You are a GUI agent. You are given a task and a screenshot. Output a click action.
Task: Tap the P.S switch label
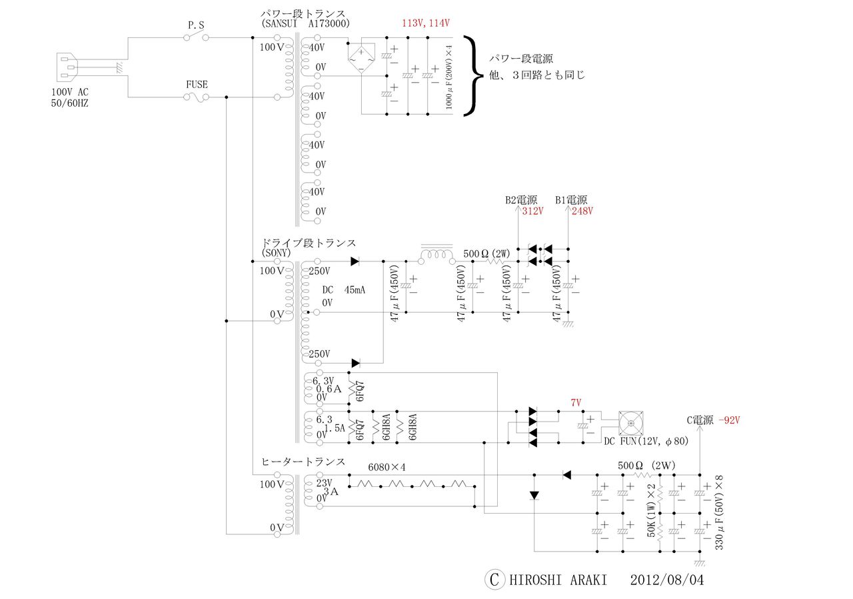point(196,25)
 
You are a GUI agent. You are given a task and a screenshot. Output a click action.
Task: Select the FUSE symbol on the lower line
point(196,97)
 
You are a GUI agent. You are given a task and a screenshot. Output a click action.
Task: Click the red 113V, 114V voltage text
point(426,23)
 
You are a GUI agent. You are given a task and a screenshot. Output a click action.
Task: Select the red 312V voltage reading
point(532,211)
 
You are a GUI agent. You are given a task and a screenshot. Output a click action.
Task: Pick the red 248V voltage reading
point(581,211)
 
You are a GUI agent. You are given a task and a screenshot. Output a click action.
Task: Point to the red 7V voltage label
point(576,404)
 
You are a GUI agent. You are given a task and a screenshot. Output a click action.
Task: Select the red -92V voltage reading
point(729,420)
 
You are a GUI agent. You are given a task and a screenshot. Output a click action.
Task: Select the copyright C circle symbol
point(494,580)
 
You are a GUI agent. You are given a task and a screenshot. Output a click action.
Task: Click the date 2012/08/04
point(666,580)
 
